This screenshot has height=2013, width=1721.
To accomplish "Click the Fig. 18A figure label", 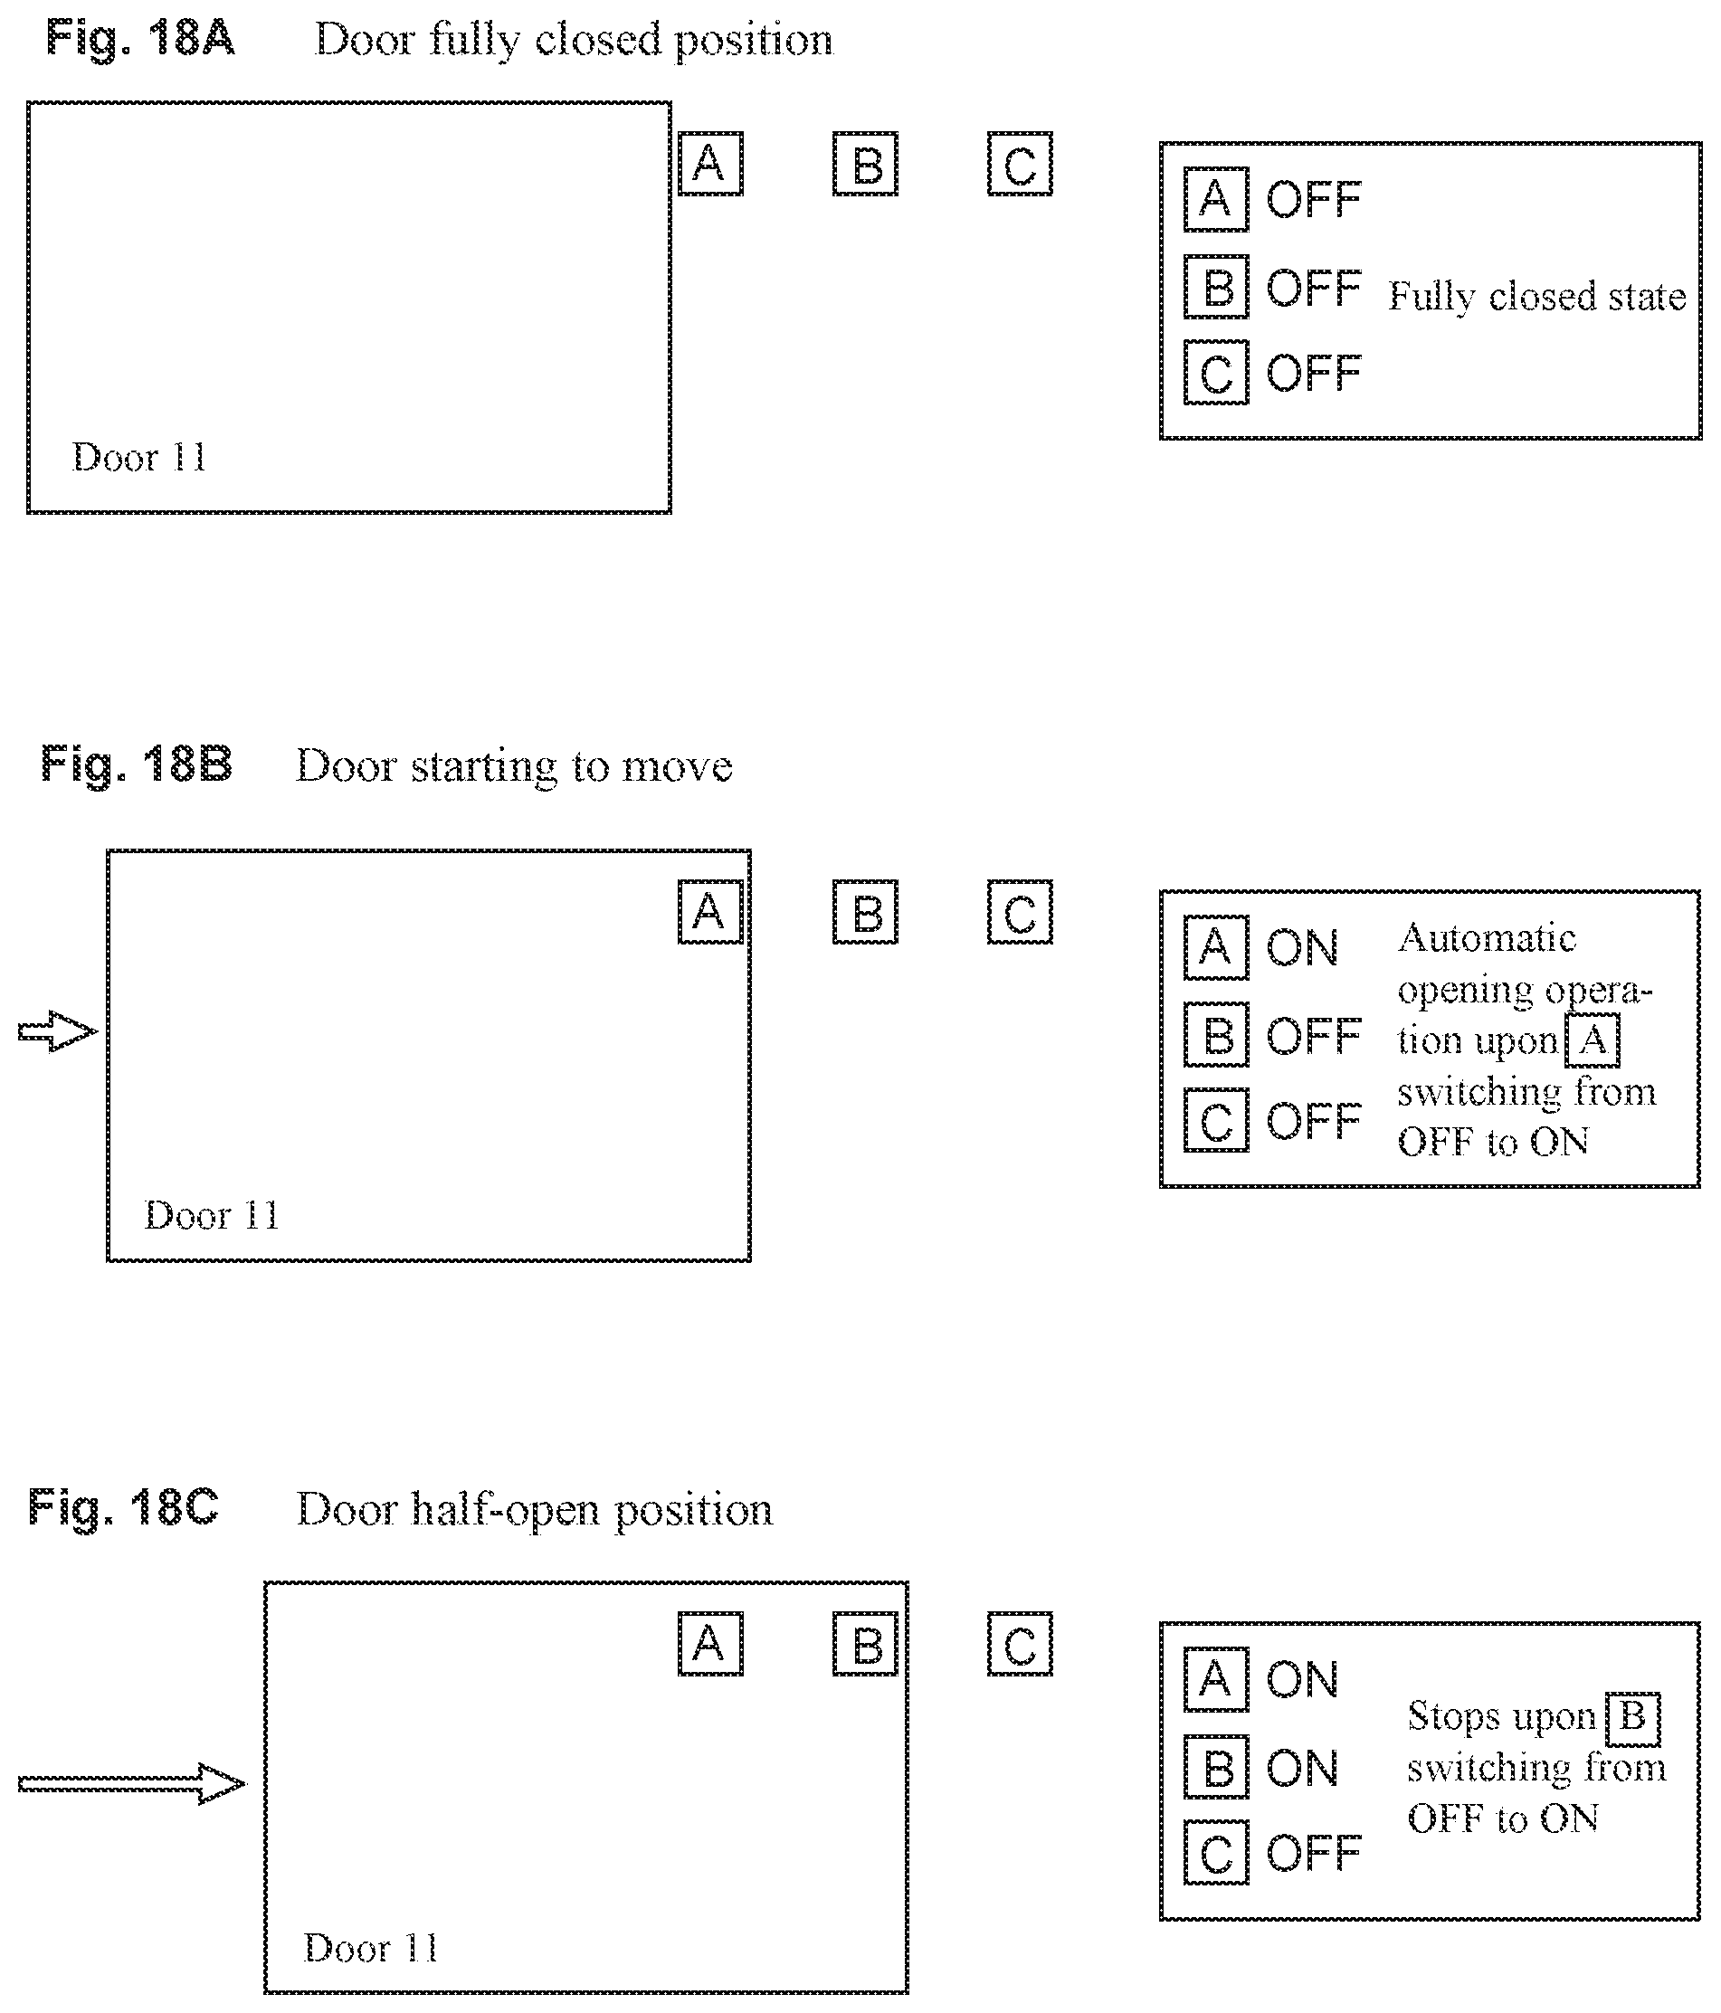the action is click(140, 40).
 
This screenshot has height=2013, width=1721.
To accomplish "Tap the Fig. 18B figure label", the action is click(136, 764).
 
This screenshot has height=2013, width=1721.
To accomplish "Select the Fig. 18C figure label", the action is click(123, 1509).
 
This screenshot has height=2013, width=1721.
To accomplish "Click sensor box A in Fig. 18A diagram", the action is click(709, 163).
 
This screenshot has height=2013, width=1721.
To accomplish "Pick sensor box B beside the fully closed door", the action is click(865, 163).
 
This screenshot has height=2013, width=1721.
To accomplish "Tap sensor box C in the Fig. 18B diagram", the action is click(1020, 911).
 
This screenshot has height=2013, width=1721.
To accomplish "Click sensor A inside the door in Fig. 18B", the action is click(709, 911).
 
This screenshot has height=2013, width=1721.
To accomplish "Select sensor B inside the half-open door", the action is click(865, 1644).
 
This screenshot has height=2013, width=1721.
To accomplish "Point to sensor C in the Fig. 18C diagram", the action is click(1020, 1644).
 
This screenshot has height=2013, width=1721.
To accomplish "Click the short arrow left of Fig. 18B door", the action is click(57, 1030).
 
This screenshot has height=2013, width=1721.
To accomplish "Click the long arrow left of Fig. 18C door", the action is click(132, 1784).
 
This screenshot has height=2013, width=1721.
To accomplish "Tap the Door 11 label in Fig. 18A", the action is click(139, 458).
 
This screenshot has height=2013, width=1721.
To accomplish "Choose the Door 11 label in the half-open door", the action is click(370, 1948).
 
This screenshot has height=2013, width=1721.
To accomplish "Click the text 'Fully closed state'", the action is click(1537, 297).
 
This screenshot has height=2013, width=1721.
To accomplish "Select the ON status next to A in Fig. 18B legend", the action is click(1302, 948).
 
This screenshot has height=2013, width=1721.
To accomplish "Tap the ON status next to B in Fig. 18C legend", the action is click(1302, 1768).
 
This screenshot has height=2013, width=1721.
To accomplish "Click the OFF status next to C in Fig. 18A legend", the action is click(1314, 373).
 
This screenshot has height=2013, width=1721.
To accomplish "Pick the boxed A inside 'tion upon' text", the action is click(1592, 1040).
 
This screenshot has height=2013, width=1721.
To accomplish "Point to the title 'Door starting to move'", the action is click(513, 766).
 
